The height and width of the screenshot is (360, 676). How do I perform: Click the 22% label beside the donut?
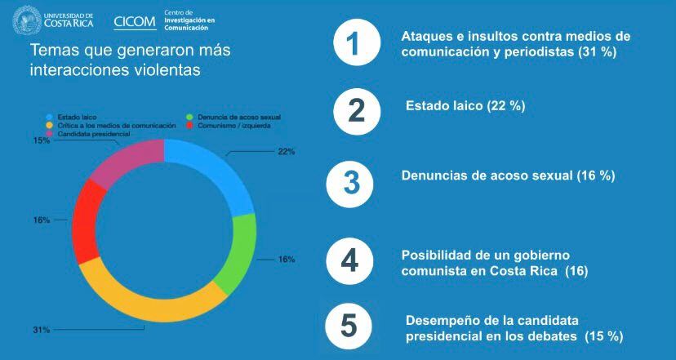[286, 152]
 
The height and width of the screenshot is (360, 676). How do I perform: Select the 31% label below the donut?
[42, 330]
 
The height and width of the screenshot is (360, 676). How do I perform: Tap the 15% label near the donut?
[42, 140]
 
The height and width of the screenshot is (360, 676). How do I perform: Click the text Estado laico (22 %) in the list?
[465, 106]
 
